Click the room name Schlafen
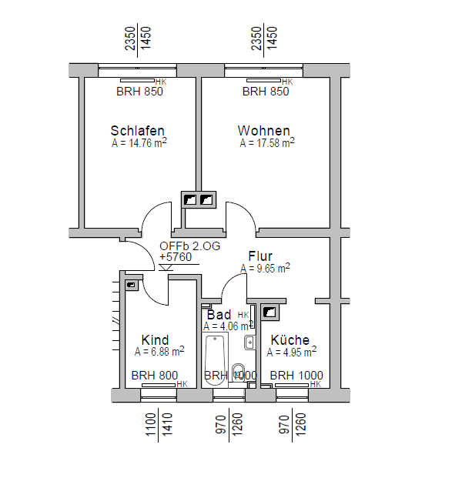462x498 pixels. click(x=137, y=130)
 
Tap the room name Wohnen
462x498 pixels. click(x=263, y=130)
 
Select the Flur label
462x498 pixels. click(x=261, y=256)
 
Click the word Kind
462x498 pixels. click(x=155, y=340)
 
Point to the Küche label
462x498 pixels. click(x=290, y=340)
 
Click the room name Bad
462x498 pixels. click(x=219, y=315)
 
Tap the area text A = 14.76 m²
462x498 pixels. click(x=139, y=142)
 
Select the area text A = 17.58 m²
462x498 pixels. click(x=267, y=142)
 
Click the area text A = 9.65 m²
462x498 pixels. click(x=265, y=269)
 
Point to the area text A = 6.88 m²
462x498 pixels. click(x=159, y=352)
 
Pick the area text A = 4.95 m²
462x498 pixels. click(x=292, y=352)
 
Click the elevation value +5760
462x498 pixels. click(x=176, y=257)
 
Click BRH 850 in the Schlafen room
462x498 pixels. click(x=139, y=92)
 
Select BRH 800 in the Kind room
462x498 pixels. click(x=154, y=376)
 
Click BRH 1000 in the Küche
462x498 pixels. click(x=296, y=376)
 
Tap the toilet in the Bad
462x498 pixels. click(x=239, y=370)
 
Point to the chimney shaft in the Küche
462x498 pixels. click(x=269, y=312)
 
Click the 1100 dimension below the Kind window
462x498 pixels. click(x=151, y=424)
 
